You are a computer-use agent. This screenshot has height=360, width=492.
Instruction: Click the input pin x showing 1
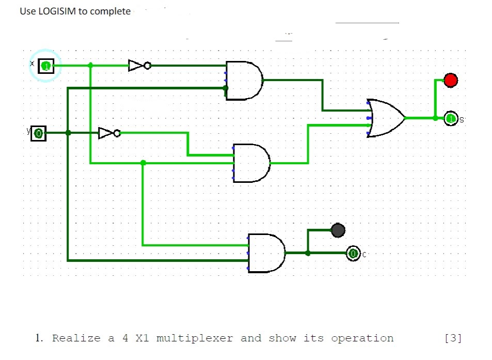46,66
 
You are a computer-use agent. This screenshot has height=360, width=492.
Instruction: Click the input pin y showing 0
38,133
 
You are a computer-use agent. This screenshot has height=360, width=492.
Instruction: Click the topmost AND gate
244,81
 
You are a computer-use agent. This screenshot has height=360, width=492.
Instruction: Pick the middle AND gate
251,163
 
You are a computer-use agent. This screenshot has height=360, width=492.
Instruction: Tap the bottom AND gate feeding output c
266,253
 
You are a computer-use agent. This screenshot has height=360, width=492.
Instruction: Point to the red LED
451,80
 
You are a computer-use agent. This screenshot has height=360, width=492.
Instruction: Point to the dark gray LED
338,230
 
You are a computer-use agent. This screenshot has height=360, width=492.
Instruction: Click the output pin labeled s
451,119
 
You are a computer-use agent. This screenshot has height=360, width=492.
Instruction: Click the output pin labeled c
353,254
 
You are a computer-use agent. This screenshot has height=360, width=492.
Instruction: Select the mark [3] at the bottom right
453,338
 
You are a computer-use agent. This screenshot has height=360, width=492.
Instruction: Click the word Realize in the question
76,338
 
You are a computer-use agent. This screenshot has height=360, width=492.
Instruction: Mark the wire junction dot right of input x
90,65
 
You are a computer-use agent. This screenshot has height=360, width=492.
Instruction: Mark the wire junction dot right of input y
68,133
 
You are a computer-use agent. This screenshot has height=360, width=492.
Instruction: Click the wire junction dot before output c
308,253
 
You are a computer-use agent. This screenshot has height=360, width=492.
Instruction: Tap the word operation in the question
362,338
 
